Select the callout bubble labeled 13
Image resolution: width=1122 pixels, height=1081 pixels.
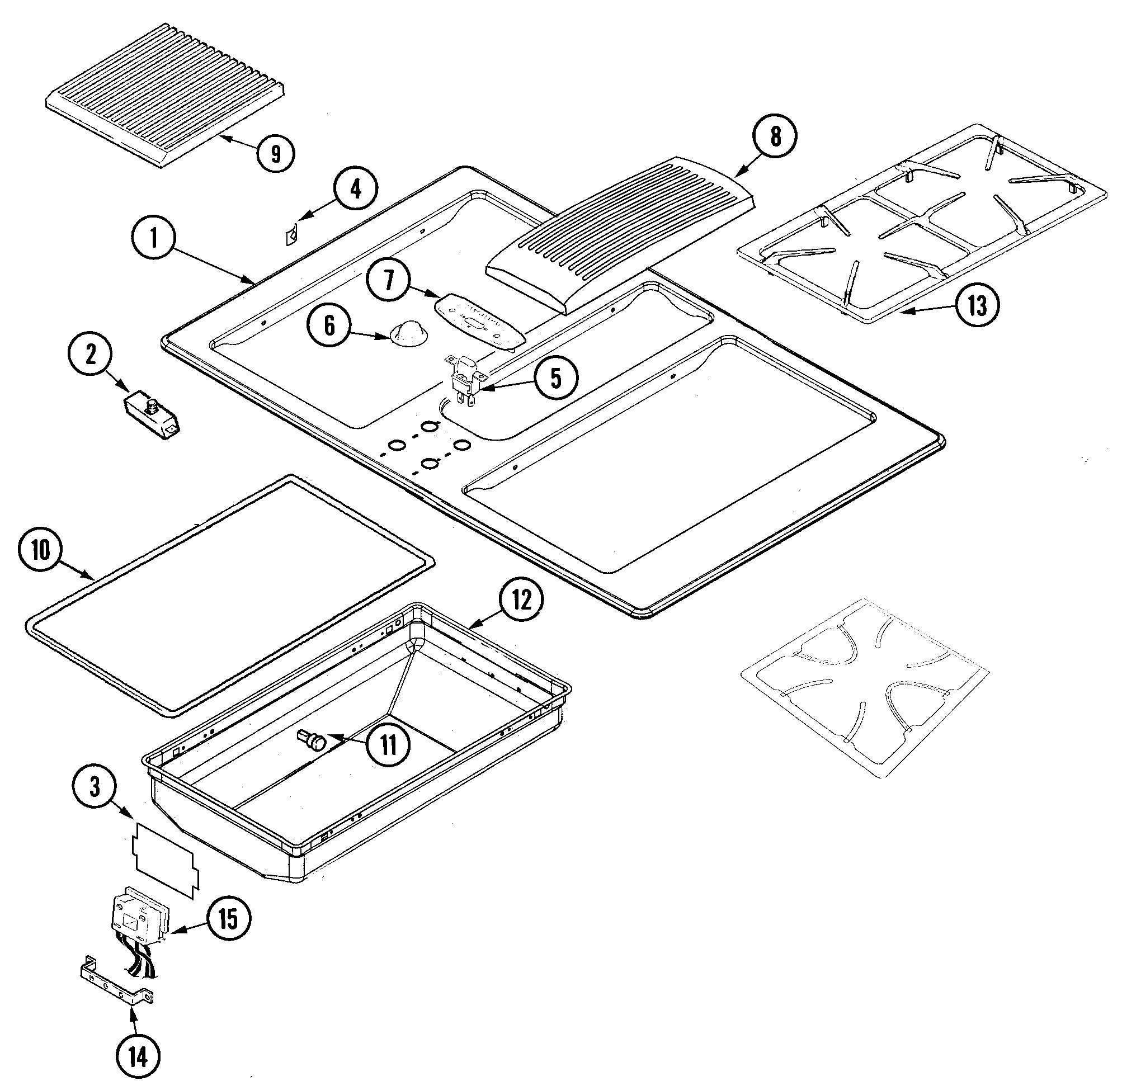pos(978,305)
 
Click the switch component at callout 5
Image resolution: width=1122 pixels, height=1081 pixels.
pos(465,381)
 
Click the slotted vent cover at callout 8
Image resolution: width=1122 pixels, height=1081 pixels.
pos(618,235)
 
